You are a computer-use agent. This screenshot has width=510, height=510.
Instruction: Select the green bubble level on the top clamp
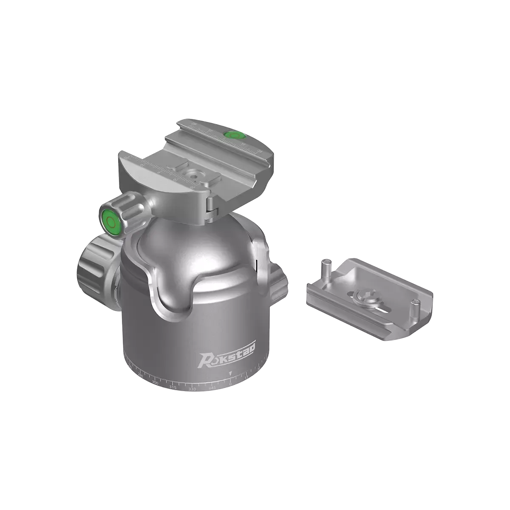coord(232,136)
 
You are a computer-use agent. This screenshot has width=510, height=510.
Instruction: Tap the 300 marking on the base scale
coord(155,383)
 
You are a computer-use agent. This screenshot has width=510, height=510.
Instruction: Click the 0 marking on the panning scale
coord(230,384)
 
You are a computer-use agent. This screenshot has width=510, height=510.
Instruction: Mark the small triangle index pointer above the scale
coord(230,374)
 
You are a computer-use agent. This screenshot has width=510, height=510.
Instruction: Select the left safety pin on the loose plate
coord(326,267)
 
